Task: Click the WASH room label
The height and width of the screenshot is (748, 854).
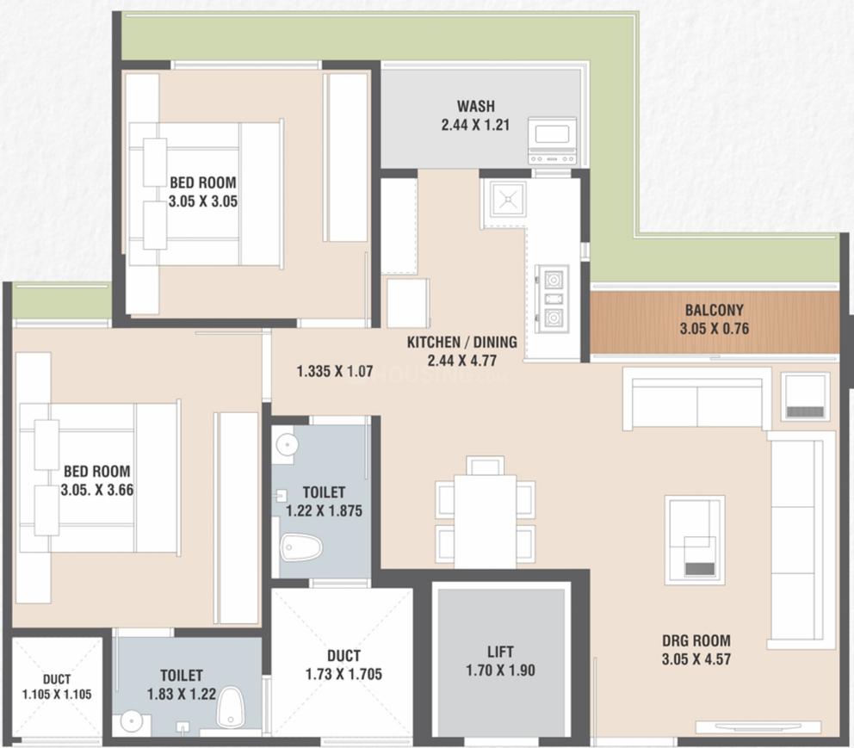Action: (x=475, y=107)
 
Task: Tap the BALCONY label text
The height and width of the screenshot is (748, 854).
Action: (x=714, y=310)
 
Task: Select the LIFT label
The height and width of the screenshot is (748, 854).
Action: (x=500, y=652)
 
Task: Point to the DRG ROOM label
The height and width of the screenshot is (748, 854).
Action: (x=696, y=640)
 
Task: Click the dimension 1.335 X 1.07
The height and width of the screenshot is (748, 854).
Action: (x=334, y=372)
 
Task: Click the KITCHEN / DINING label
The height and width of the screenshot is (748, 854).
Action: (x=461, y=342)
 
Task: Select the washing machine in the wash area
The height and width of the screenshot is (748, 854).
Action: (x=551, y=140)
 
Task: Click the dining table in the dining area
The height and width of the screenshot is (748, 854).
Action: (x=485, y=521)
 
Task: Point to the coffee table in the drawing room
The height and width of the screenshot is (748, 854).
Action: (x=694, y=540)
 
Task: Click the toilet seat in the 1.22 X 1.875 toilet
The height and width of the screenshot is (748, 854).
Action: (x=301, y=547)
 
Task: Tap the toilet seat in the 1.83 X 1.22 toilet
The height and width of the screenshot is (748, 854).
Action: (x=229, y=708)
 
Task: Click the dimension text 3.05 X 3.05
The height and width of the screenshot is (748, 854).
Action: (x=203, y=202)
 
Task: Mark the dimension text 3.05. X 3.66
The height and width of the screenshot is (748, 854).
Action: (x=96, y=491)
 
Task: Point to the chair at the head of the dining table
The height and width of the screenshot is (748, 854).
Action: (x=486, y=467)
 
